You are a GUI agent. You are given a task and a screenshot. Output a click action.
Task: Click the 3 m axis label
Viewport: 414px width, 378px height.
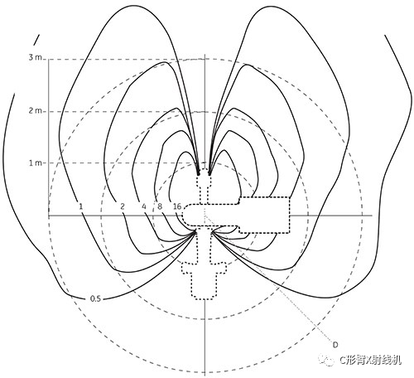35,57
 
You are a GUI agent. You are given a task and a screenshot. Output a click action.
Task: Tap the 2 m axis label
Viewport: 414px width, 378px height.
35,111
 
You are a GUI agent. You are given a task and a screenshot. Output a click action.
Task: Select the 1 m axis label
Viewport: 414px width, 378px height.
35,162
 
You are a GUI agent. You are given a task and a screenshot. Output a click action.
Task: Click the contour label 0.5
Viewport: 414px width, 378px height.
95,298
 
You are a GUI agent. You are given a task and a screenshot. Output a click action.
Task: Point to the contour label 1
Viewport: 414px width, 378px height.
80,206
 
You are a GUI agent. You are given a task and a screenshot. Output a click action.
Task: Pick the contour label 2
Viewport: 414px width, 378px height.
123,206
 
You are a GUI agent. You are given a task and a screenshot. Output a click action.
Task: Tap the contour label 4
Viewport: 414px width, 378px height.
144,206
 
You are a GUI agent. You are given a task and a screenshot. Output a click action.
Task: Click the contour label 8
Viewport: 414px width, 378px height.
160,206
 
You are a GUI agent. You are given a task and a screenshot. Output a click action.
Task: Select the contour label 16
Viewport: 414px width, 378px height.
177,206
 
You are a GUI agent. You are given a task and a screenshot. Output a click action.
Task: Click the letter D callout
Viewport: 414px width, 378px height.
335,345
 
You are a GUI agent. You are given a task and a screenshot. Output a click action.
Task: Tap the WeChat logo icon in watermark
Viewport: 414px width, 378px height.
326,360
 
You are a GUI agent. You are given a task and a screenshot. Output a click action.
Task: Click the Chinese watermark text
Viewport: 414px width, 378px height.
370,360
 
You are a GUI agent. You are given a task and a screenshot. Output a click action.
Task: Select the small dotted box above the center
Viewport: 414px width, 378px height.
204,177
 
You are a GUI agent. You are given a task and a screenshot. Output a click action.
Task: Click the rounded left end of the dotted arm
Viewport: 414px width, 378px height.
183,215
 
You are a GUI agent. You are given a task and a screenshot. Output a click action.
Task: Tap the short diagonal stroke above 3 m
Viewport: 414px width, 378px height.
36,40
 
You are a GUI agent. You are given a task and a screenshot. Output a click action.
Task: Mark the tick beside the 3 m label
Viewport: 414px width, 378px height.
44,59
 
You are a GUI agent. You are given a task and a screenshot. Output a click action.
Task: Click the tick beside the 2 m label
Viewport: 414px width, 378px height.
44,111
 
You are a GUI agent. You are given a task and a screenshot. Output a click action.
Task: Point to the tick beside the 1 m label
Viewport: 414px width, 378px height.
44,162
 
